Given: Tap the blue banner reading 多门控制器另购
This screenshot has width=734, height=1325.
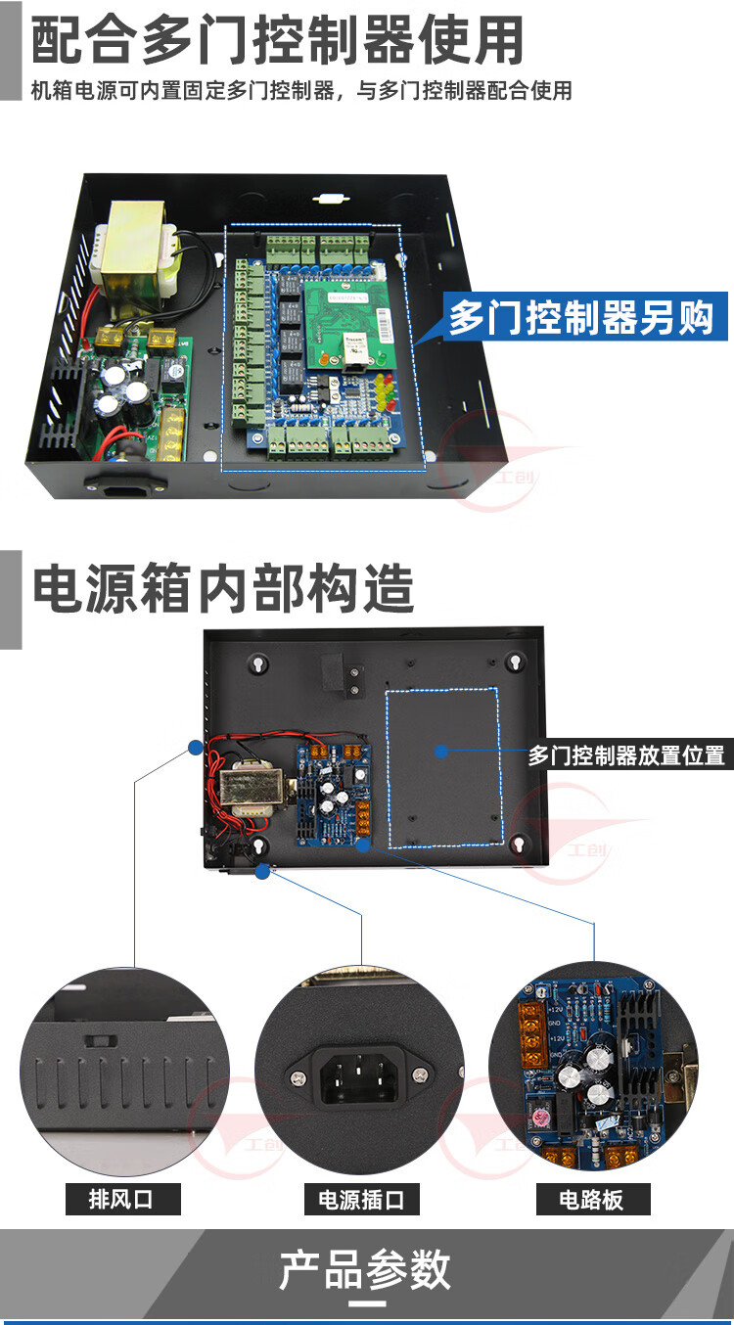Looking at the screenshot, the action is tap(581, 317).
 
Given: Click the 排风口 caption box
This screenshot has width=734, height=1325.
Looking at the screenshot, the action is tap(122, 1198).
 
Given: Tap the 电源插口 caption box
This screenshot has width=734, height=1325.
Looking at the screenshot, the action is tap(361, 1198).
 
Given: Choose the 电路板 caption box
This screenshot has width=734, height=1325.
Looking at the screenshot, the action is tap(591, 1198).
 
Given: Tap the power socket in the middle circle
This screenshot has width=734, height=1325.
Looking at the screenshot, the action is tap(360, 1074).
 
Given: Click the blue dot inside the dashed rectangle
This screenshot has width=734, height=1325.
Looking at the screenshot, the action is tap(442, 752).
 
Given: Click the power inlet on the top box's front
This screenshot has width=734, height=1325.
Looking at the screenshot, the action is tap(120, 483).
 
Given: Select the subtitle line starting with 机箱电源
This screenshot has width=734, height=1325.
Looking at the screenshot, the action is tap(301, 91).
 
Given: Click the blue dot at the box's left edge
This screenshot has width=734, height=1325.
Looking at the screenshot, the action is tap(195, 748).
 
